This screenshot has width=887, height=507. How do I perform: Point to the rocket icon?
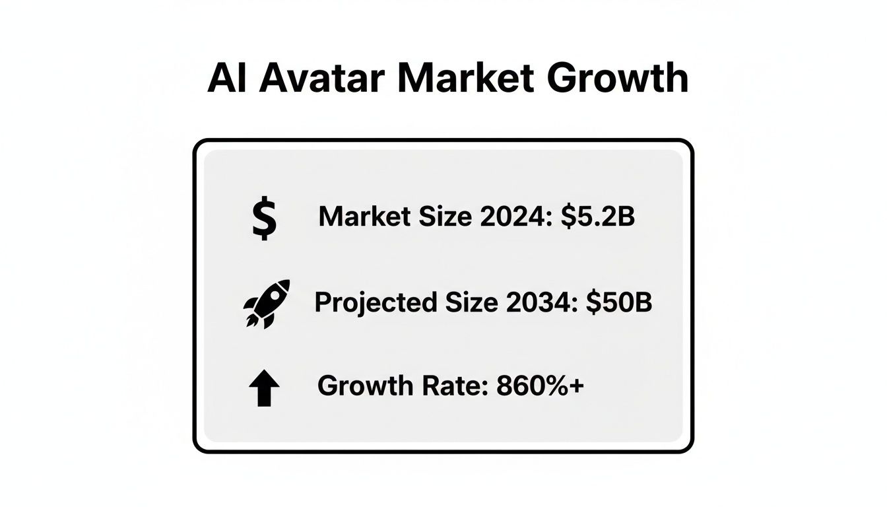coord(267,303)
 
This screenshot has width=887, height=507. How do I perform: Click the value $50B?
coord(619,302)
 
